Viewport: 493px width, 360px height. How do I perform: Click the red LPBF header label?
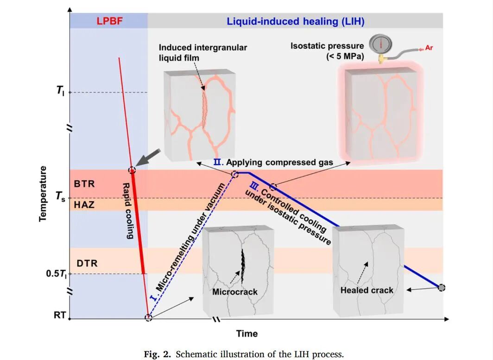click(x=109, y=21)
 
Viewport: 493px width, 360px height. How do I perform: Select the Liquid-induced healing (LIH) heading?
click(x=296, y=21)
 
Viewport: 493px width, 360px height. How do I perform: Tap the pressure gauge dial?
click(x=380, y=44)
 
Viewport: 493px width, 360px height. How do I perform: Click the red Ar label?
click(x=429, y=48)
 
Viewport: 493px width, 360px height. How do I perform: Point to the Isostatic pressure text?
click(x=327, y=46)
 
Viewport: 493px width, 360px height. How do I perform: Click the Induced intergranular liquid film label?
click(x=203, y=52)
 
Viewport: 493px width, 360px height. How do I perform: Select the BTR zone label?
click(x=84, y=183)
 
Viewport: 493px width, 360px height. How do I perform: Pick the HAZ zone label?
click(x=84, y=205)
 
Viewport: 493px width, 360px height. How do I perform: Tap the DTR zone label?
click(x=87, y=263)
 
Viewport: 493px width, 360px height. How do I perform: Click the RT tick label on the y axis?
click(x=60, y=315)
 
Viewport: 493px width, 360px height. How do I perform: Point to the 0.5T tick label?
click(x=57, y=274)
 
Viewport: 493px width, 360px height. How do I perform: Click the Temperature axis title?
click(x=43, y=194)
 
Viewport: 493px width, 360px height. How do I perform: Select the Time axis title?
click(x=247, y=334)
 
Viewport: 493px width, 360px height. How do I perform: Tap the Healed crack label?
click(x=367, y=290)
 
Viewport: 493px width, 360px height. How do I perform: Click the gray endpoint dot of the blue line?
click(x=442, y=287)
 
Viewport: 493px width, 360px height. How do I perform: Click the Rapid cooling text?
click(x=128, y=211)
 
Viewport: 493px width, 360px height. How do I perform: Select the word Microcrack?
click(x=235, y=292)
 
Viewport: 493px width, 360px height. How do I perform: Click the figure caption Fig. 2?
click(x=244, y=354)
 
